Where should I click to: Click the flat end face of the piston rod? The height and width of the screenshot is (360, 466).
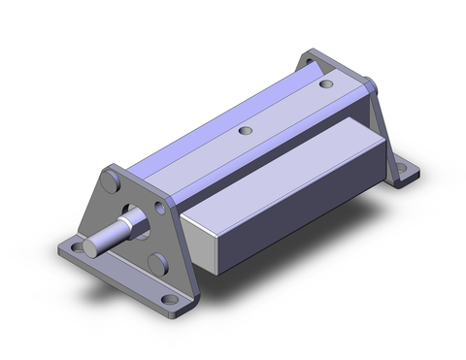[x=90, y=245]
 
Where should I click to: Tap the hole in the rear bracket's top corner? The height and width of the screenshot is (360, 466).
[x=314, y=58]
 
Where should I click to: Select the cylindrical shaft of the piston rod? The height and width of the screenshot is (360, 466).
[x=112, y=234]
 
